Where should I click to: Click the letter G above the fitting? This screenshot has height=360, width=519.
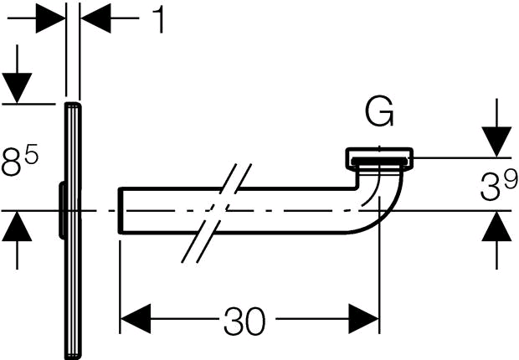tap(379, 111)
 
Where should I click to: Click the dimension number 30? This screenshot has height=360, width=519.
tap(245, 321)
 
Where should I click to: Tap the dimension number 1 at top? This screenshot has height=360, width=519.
tap(159, 19)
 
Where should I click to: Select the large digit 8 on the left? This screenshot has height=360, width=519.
tap(12, 162)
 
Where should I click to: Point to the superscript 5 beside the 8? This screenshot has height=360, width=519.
tap(32, 154)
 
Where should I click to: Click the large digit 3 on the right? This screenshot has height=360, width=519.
tap(490, 188)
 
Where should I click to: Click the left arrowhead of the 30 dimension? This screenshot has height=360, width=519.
tap(136, 319)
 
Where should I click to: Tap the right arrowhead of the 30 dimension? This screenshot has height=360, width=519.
tap(364, 319)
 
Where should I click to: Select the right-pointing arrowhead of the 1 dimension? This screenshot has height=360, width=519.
tap(50, 18)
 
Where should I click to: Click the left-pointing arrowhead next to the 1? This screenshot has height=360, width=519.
tap(95, 18)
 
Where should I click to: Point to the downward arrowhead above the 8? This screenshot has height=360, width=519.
tap(17, 88)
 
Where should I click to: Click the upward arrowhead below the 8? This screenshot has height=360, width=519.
tap(17, 226)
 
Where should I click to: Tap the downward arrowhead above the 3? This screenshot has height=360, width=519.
tap(496, 141)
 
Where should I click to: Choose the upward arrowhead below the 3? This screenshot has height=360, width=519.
tap(496, 226)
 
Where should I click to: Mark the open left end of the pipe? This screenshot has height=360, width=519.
tap(120, 211)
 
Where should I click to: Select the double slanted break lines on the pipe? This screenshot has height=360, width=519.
tap(217, 213)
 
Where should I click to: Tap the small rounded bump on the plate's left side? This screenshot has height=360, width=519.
tap(62, 210)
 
